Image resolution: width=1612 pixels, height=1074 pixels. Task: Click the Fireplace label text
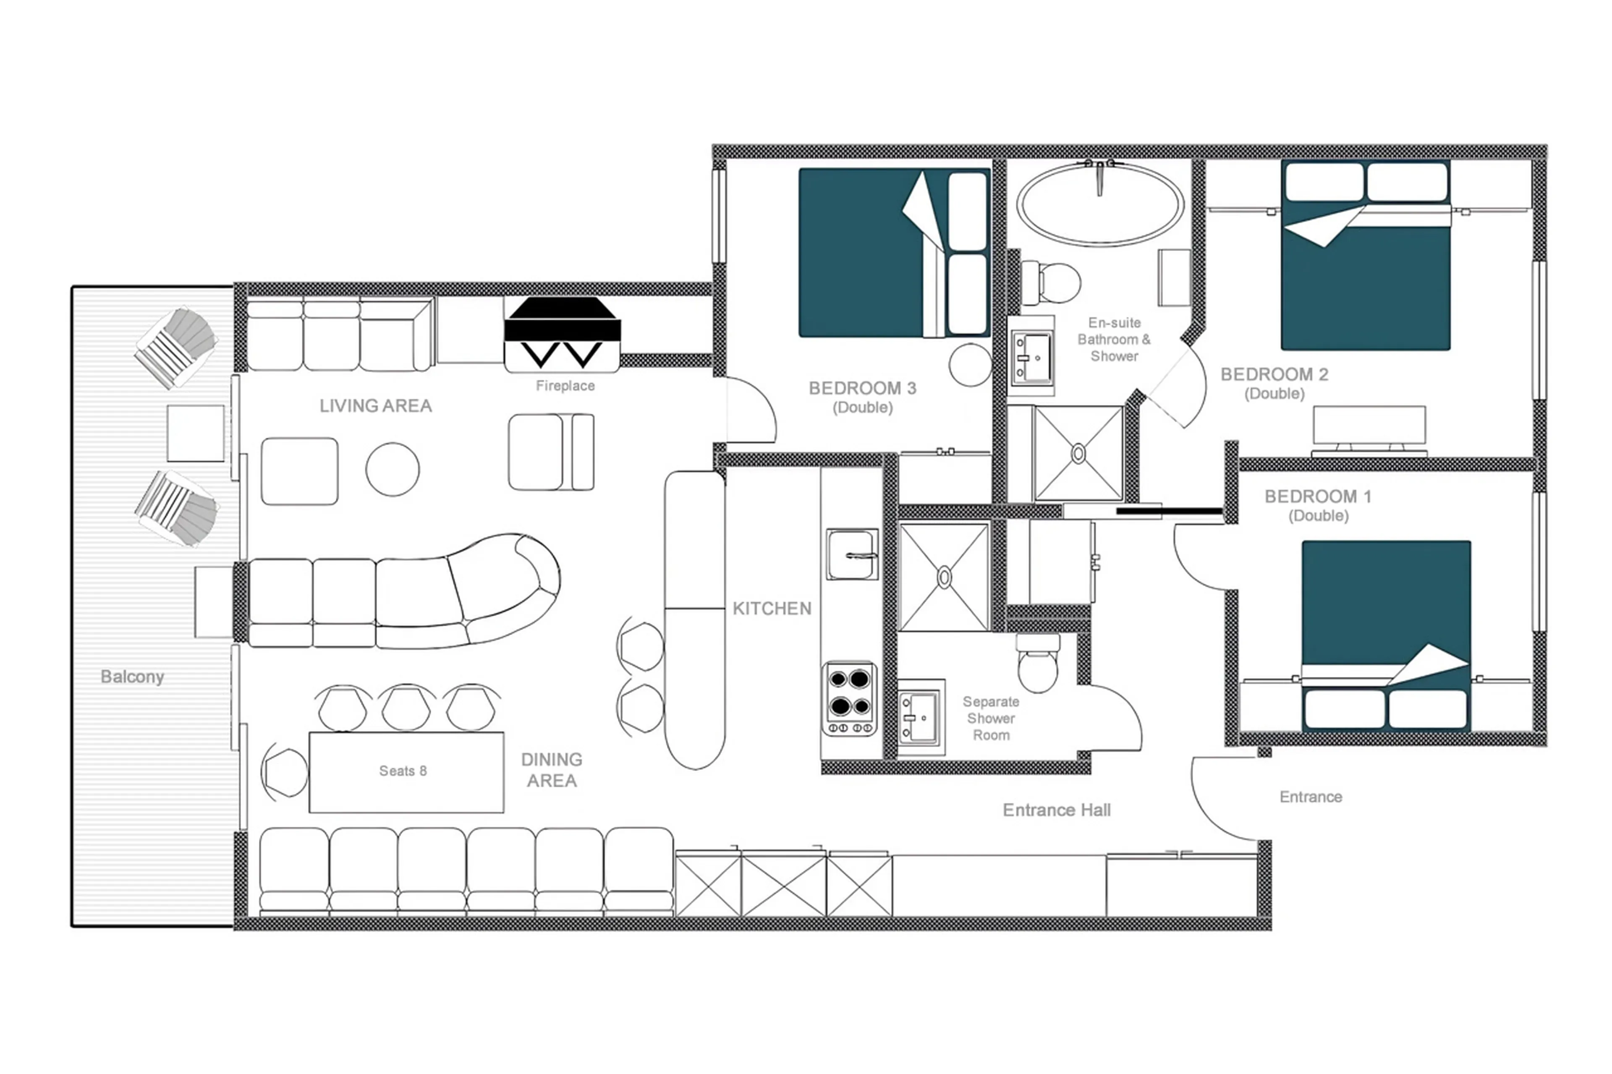(x=565, y=386)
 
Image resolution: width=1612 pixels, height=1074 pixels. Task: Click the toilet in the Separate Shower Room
(x=1037, y=667)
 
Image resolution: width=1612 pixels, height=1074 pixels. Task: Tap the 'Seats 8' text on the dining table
(x=403, y=771)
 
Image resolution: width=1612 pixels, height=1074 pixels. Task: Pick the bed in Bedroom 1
(x=1385, y=634)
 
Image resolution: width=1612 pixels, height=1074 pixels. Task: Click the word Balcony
(x=132, y=677)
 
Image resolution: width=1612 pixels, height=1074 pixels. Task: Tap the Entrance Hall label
(x=1056, y=810)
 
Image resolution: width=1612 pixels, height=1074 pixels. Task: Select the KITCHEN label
(x=772, y=608)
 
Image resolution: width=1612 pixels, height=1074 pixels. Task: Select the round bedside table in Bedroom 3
(x=969, y=365)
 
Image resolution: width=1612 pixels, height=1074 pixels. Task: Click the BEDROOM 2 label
(x=1274, y=375)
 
